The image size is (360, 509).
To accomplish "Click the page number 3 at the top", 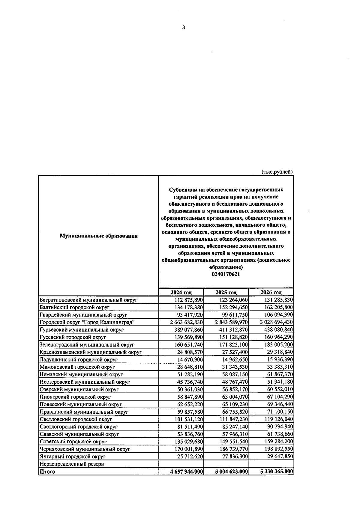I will (x=184, y=28).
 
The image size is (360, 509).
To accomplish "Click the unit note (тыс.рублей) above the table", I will (x=277, y=172).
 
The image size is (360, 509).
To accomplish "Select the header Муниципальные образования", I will (x=99, y=236).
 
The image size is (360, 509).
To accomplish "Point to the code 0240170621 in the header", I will (x=226, y=274).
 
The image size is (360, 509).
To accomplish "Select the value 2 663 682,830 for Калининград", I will (x=186, y=322).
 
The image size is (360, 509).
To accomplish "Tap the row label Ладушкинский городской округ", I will (x=79, y=359).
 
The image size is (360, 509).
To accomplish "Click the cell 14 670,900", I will (x=190, y=359).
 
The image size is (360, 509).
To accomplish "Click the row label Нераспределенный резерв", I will (x=72, y=464).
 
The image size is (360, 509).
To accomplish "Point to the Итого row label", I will (x=47, y=472).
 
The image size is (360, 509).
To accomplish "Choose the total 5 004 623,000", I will (x=232, y=472).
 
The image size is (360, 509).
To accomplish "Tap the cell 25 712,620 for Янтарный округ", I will (x=188, y=457).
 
